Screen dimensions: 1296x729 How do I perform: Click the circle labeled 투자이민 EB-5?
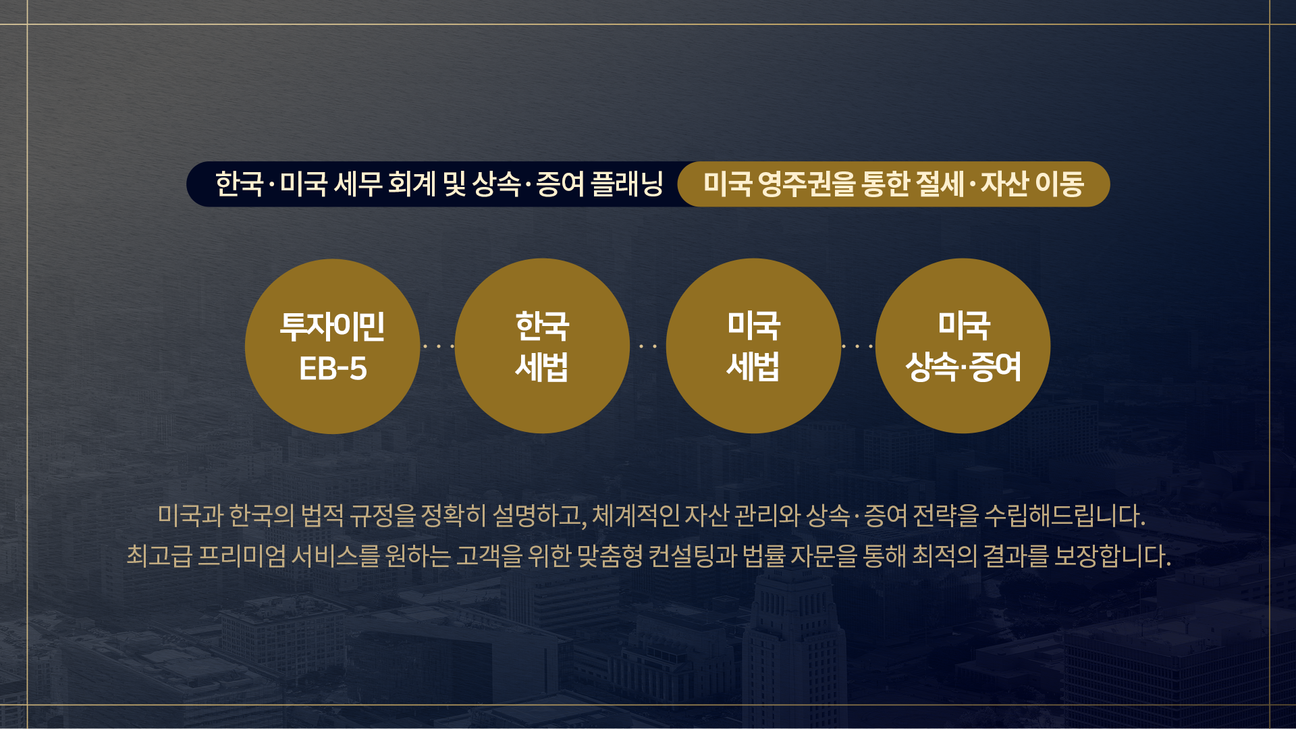tap(332, 346)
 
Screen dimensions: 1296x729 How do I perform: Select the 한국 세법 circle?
tap(542, 346)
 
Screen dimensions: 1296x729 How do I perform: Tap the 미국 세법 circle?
tap(753, 346)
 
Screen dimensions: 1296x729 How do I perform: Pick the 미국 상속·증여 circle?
tap(963, 346)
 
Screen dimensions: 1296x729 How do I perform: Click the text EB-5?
tap(333, 369)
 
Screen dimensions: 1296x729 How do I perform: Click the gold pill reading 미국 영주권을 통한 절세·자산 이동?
tap(894, 184)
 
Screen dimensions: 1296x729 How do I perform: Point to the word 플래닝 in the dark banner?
tap(627, 184)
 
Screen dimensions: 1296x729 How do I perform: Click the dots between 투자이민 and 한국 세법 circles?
tap(437, 346)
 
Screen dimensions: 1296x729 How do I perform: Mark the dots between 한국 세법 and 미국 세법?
tap(648, 346)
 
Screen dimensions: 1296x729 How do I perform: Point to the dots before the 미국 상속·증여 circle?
tap(857, 346)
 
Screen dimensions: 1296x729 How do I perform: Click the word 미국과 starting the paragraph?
tap(190, 516)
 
